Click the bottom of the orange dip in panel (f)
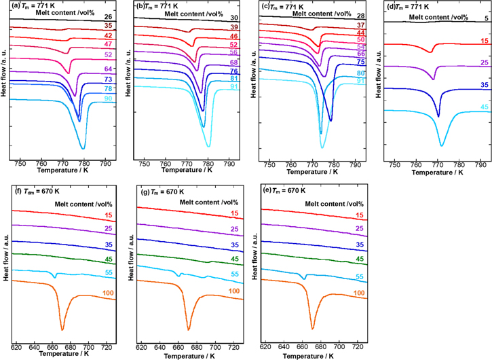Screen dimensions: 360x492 (x=62, y=329)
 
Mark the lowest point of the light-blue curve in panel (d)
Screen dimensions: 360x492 (x=442, y=145)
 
